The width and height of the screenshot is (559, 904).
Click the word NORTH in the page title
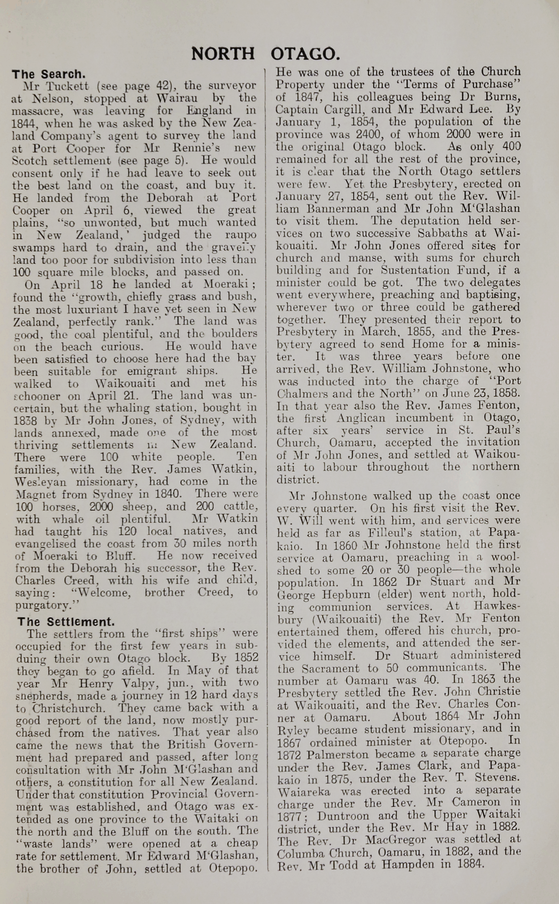[x=223, y=54]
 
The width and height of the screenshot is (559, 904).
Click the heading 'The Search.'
[x=49, y=74]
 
